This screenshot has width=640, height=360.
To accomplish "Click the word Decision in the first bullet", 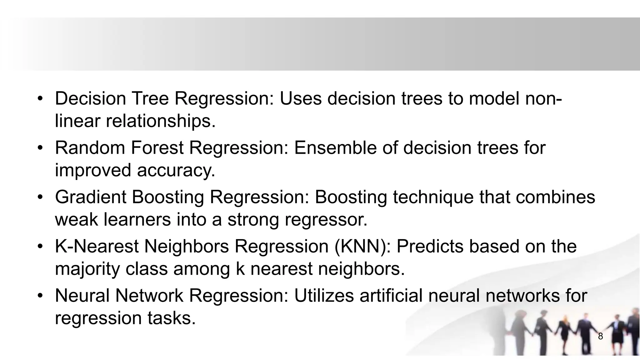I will point(90,98).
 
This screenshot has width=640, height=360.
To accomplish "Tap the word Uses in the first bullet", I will point(300,98).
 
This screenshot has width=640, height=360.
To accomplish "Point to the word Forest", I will point(157,148).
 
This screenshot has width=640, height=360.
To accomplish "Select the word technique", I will point(433,197).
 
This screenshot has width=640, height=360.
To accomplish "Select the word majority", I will point(87,269).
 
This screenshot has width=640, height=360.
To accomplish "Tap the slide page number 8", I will point(600,337).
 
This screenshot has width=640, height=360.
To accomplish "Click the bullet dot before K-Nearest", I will point(40,247).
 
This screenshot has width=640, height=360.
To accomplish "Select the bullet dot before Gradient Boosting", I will point(40,197).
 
